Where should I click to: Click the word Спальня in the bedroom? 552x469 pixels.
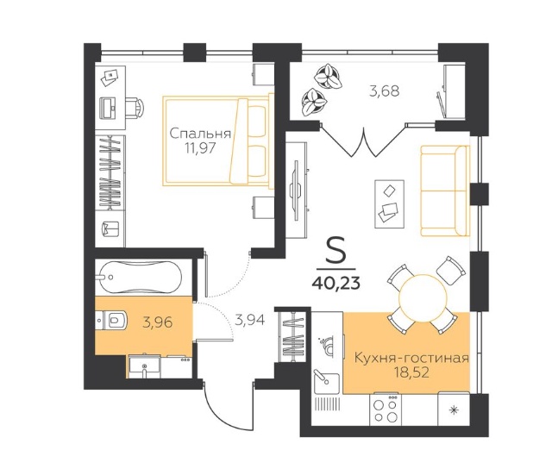coord(200,134)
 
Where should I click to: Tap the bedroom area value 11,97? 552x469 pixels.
coord(200,148)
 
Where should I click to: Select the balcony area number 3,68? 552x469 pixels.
coord(385,91)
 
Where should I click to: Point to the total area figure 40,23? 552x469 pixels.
coord(336,282)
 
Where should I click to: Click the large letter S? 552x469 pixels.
coord(336,250)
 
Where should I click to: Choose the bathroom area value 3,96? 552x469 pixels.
coord(157,322)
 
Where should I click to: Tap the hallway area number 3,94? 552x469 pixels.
coord(250,320)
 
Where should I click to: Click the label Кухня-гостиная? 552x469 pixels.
coord(411,358)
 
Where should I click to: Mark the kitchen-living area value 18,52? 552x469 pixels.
coord(412,372)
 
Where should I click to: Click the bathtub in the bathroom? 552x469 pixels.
coord(140,278)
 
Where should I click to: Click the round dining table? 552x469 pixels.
coord(423,297)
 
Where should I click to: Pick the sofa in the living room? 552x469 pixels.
coord(445,191)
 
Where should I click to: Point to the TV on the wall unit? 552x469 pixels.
coord(297,191)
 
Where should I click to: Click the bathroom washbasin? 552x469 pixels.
coord(144,366)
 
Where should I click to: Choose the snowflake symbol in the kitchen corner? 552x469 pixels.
coord(455,410)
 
